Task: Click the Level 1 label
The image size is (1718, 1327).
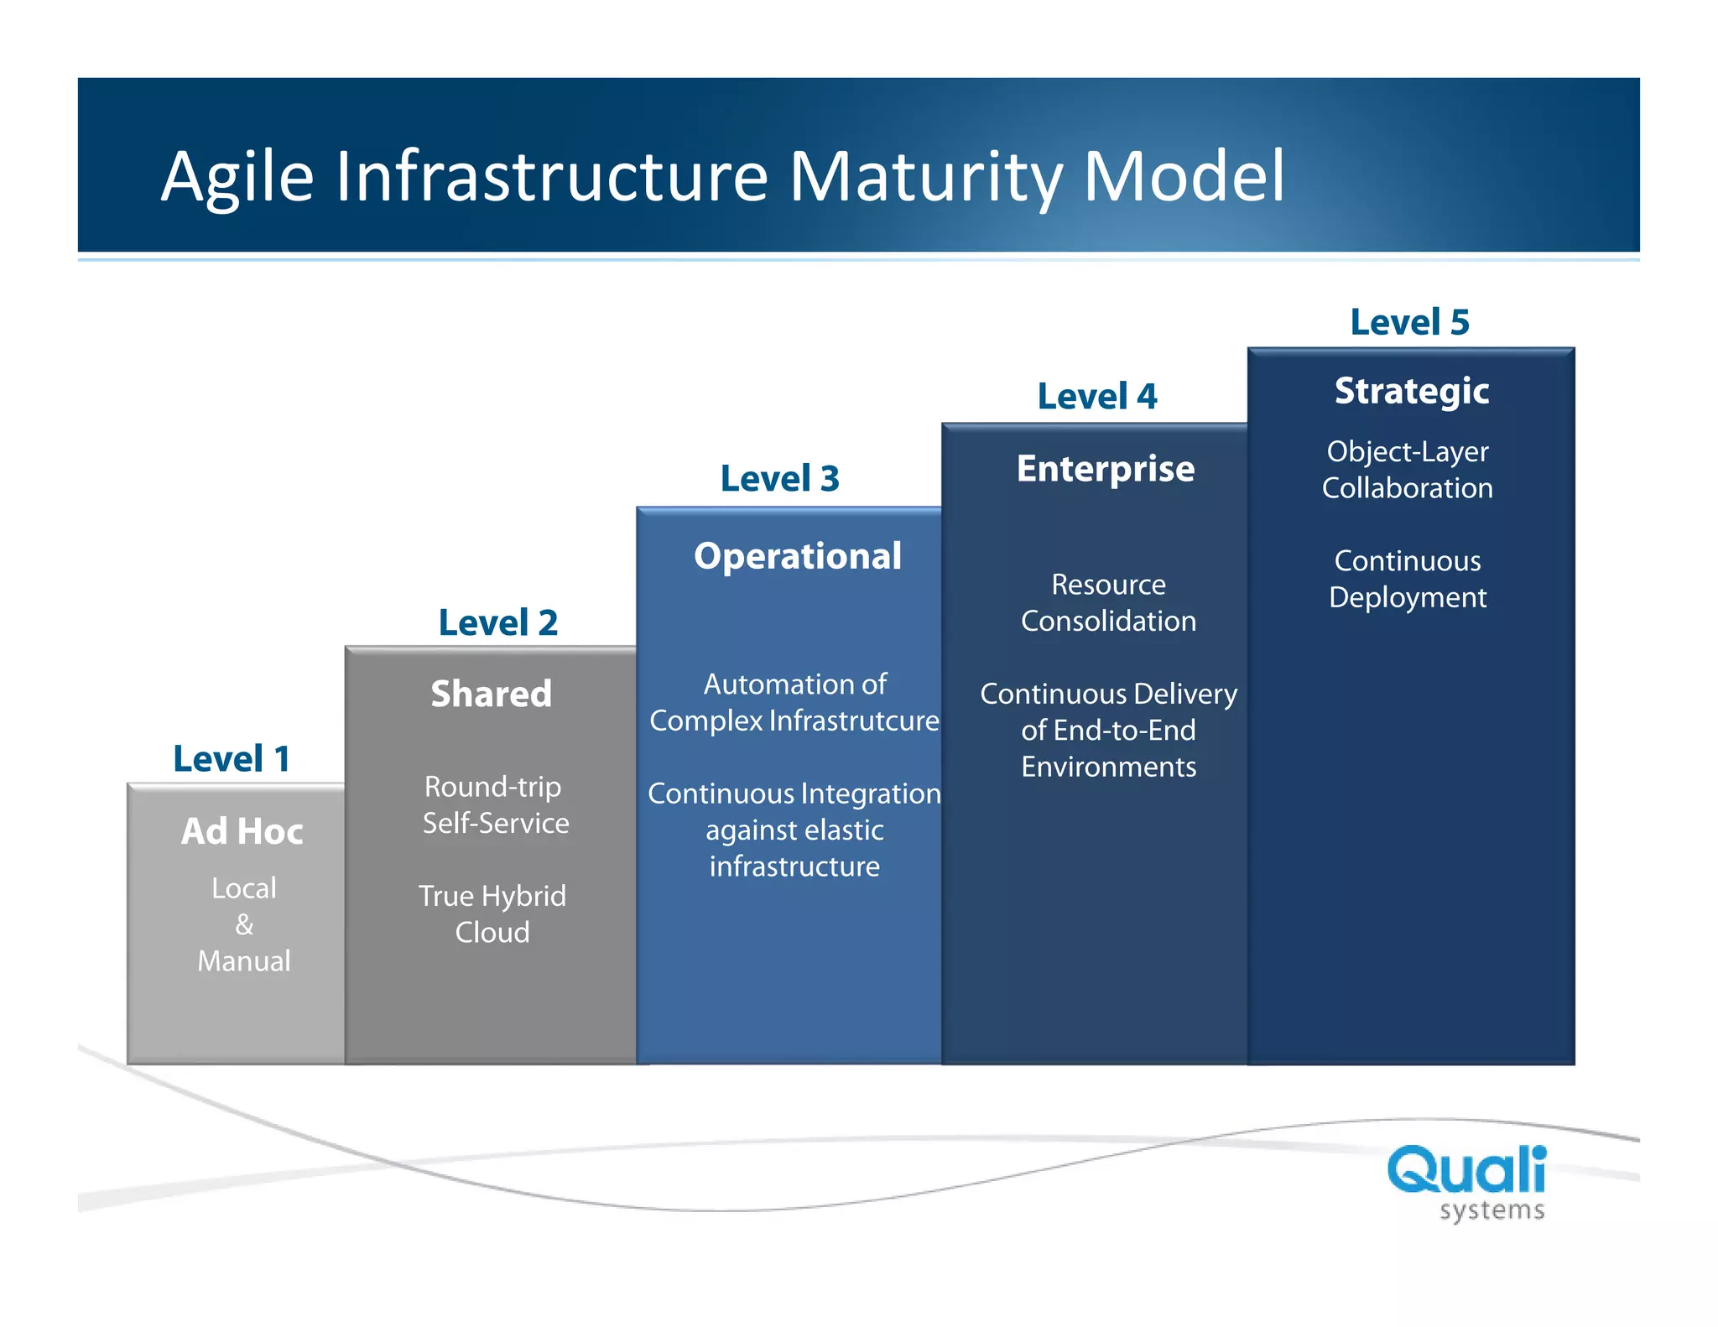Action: pos(232,759)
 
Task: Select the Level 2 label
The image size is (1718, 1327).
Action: pos(498,623)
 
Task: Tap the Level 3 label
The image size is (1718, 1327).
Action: pos(779,479)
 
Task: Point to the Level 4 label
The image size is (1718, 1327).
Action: pos(1097,397)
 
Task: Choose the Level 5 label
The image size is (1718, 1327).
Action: pos(1409,323)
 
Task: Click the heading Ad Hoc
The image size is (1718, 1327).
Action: pos(242,832)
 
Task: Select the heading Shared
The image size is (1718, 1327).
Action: pos(492,695)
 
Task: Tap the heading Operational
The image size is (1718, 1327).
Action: pos(798,557)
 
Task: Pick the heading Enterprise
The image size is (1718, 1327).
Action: pos(1106,469)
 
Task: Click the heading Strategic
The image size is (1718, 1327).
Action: pos(1412,392)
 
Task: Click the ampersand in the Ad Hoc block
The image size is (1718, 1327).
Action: pos(244,925)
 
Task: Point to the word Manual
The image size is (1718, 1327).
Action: pos(244,961)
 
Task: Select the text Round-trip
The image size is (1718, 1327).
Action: pos(493,788)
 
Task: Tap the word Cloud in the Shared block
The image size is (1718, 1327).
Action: pos(492,933)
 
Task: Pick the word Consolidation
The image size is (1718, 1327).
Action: pos(1108,622)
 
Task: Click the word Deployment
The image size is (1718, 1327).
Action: pos(1408,598)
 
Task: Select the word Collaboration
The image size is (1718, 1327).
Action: pos(1408,489)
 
